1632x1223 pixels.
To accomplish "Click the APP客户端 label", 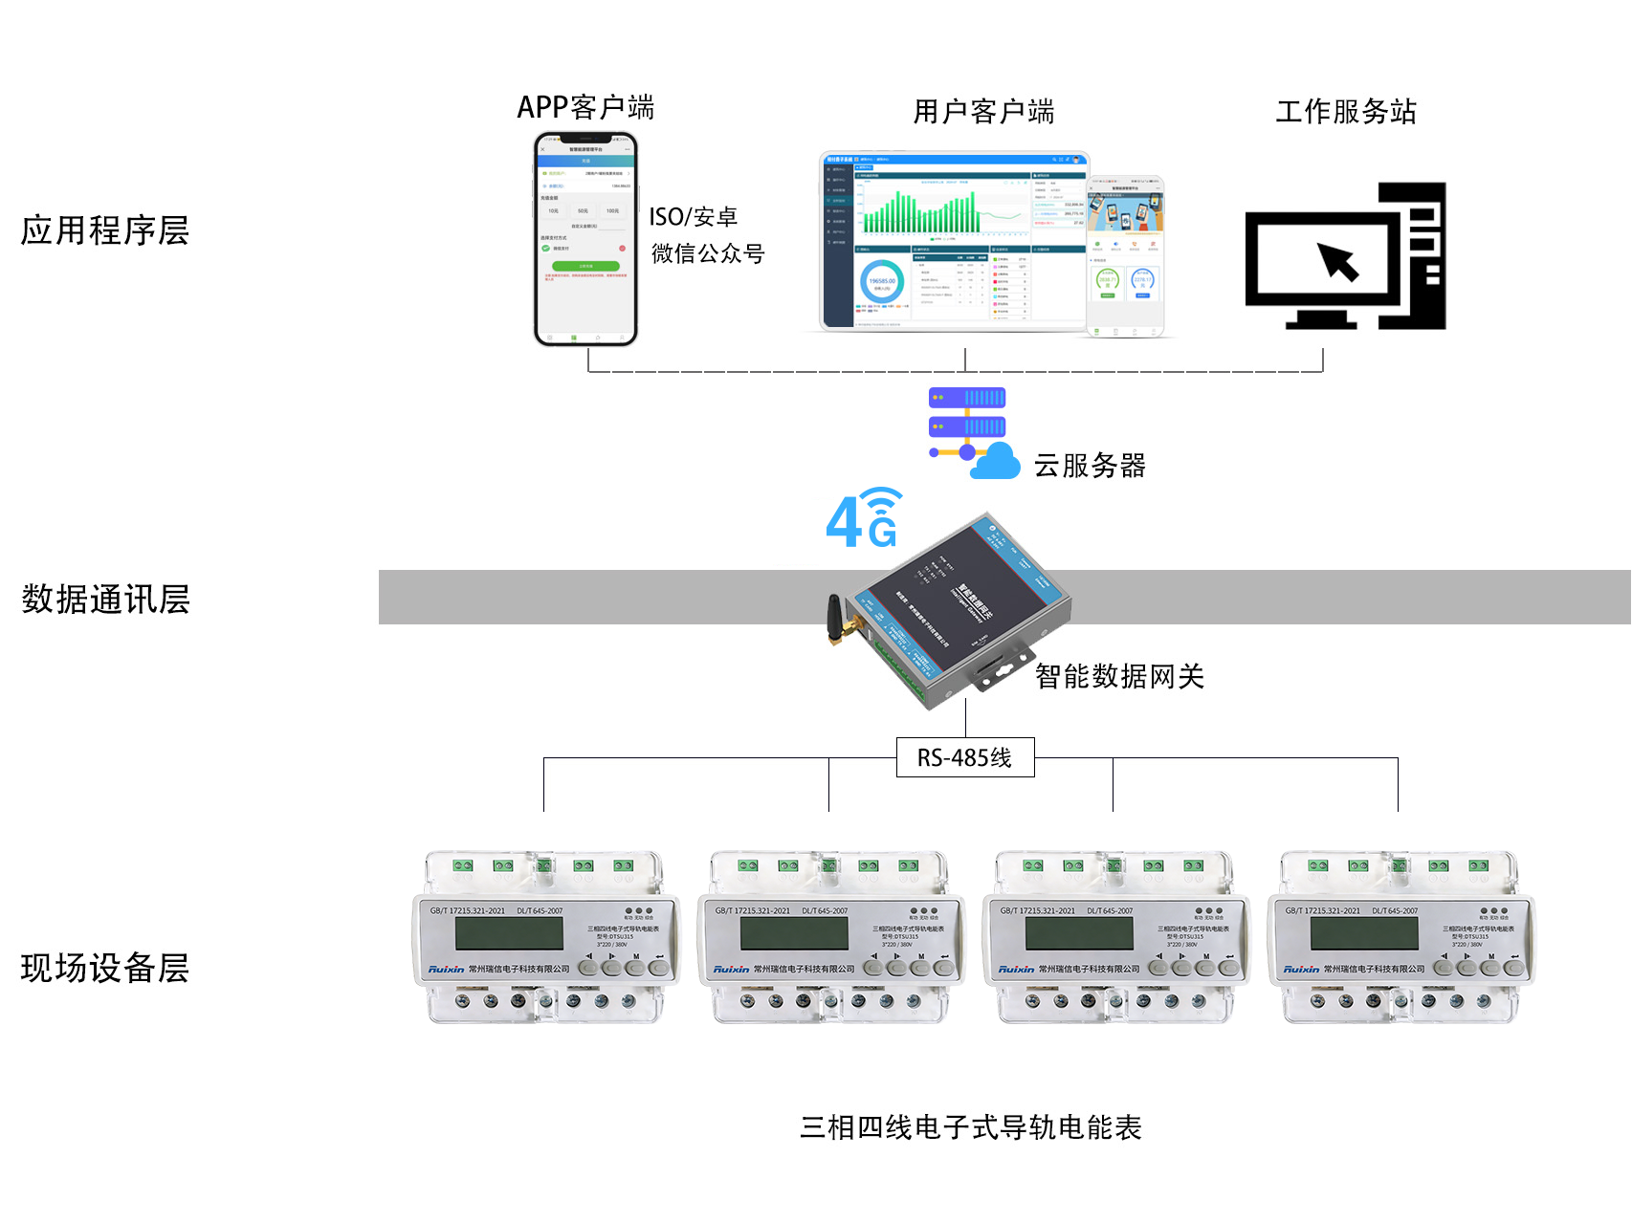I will [x=585, y=107].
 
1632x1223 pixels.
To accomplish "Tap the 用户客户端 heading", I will [x=983, y=112].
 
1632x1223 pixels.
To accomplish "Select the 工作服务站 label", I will [x=1345, y=112].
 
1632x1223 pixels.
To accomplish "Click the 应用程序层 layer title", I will [x=105, y=230].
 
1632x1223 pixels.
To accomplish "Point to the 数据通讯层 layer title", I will [x=105, y=600].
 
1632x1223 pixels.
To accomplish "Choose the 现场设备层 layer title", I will [x=105, y=968].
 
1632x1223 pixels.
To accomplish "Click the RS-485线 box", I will [x=964, y=757].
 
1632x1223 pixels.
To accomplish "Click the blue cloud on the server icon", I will [x=996, y=462].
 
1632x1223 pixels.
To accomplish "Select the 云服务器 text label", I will [x=1090, y=466].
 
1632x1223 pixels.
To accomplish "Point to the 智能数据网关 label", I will [x=1119, y=677].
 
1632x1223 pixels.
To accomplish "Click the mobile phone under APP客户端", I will [x=585, y=239].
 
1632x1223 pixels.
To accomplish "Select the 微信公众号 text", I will [x=708, y=253].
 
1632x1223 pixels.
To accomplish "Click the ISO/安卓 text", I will [x=694, y=217].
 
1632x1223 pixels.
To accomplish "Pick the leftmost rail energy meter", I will [x=544, y=937].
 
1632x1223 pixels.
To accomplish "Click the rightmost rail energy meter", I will [x=1400, y=937].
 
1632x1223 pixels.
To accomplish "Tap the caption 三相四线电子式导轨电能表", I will [x=970, y=1127].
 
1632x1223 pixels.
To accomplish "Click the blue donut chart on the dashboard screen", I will [x=882, y=282].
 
